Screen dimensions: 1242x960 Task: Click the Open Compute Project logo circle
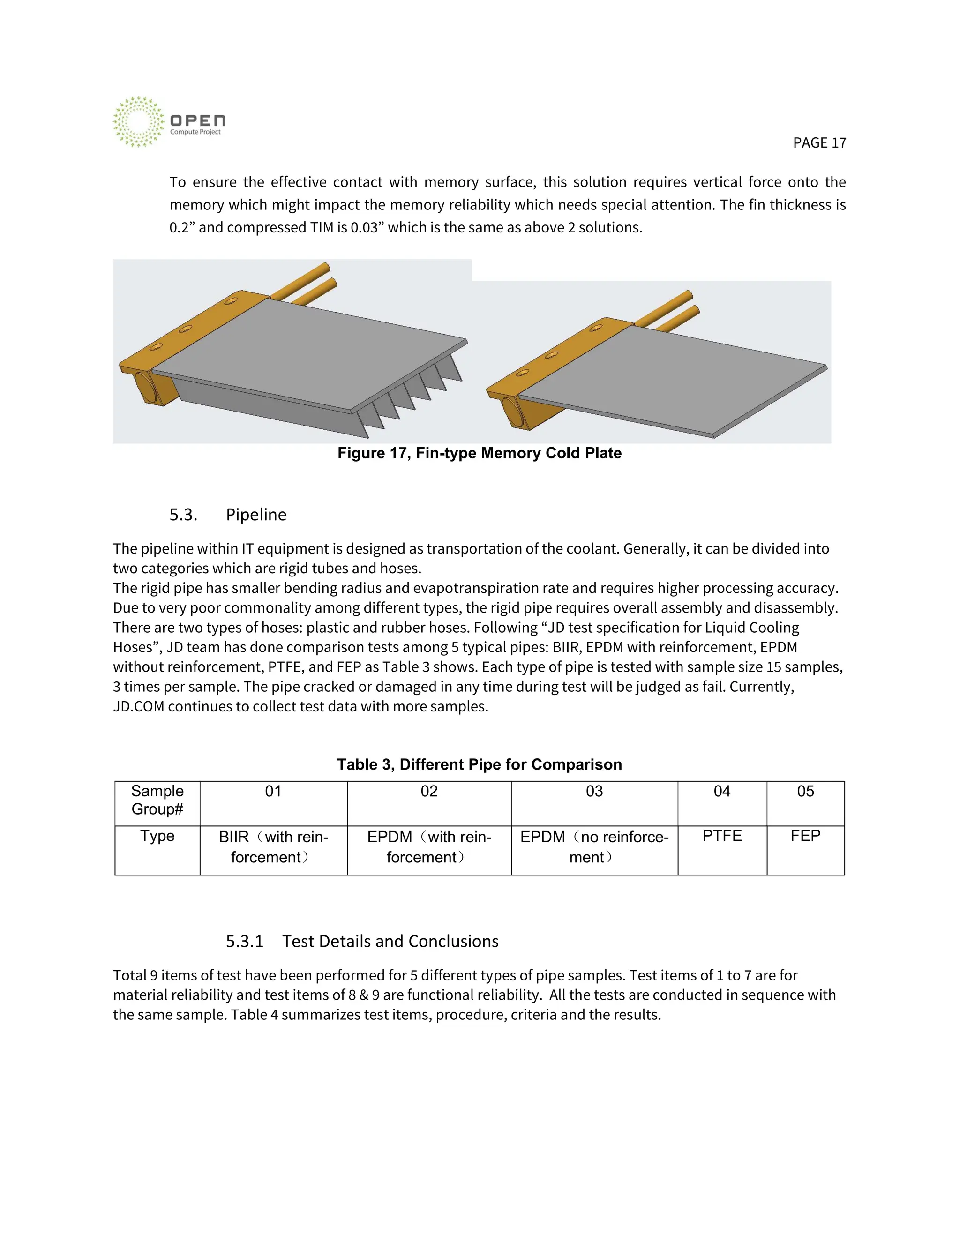tap(138, 122)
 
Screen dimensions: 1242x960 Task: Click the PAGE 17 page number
tap(819, 143)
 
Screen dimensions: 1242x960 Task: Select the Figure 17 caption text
tap(479, 453)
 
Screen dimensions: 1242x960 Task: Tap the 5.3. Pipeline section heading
tap(228, 515)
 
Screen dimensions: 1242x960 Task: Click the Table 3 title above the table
tap(479, 764)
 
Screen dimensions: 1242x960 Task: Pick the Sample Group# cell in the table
tap(157, 800)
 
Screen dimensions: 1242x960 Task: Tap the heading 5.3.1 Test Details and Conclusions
tap(362, 941)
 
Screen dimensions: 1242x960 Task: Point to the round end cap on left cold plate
tap(145, 387)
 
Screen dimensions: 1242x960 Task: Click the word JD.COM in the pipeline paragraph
tap(139, 707)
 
